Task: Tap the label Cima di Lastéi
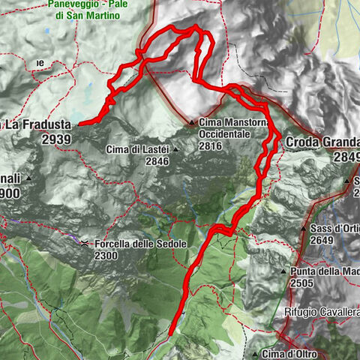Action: click(x=136, y=149)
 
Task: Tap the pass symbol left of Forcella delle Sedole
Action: click(x=85, y=244)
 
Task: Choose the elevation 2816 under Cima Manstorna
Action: click(x=211, y=148)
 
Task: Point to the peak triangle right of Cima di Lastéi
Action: click(x=175, y=149)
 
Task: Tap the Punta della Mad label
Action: click(x=324, y=271)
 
